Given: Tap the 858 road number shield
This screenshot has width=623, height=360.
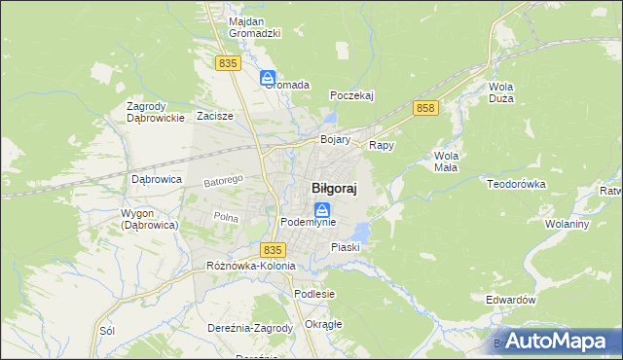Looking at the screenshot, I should [x=423, y=108].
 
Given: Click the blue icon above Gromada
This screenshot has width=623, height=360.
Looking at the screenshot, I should [x=268, y=77].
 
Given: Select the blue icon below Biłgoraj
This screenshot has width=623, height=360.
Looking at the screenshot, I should [x=321, y=209].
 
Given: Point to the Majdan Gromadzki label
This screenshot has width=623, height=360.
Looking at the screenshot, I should [x=254, y=27].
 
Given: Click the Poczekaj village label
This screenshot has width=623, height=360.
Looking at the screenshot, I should [x=352, y=95].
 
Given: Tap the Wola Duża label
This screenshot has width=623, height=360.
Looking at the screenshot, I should [x=500, y=92].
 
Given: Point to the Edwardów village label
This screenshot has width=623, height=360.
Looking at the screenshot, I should [x=511, y=301].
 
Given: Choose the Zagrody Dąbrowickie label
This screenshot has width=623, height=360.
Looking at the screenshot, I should [x=156, y=112].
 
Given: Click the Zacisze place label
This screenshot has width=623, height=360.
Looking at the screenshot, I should [x=215, y=116].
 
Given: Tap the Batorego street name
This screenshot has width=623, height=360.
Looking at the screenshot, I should [x=222, y=181].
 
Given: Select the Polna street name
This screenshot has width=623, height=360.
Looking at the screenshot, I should [x=226, y=217].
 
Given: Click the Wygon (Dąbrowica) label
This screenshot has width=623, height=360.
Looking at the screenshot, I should [x=149, y=219].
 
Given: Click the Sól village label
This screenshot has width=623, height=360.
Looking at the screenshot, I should [x=108, y=331].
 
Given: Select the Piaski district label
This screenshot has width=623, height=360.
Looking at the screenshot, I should [x=346, y=247].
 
